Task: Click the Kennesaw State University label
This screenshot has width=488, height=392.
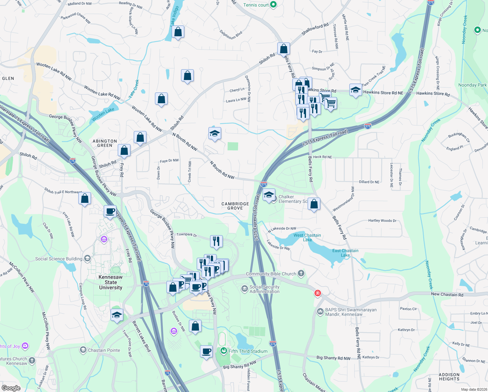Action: pos(111,282)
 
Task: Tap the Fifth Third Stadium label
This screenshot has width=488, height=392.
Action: pos(248,351)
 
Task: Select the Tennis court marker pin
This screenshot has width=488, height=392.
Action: pos(274,5)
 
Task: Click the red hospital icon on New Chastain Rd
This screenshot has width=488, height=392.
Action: pos(317,293)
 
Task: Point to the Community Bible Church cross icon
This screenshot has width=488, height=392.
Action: pos(301,273)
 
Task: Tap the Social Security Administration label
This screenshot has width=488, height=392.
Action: pos(264,289)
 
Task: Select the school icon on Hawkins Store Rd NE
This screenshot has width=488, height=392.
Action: pos(355,90)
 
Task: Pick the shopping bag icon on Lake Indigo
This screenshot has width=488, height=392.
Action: pos(178,32)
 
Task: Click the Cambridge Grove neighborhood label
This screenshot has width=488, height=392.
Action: pos(235,206)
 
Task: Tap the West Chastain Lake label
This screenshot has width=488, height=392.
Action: pos(307,237)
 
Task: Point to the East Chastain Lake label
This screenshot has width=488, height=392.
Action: pos(345,253)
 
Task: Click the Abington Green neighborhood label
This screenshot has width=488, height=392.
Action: pos(105,143)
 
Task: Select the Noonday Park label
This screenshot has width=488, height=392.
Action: pos(472,85)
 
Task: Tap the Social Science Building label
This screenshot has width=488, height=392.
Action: pos(59,259)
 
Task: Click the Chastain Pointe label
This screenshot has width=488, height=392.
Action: pos(104,350)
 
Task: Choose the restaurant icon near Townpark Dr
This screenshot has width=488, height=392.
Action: pos(216,241)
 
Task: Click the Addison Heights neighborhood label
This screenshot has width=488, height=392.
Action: pos(449,377)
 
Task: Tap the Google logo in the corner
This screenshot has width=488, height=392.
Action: pos(11,388)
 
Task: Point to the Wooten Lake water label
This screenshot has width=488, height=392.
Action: pos(103,114)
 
